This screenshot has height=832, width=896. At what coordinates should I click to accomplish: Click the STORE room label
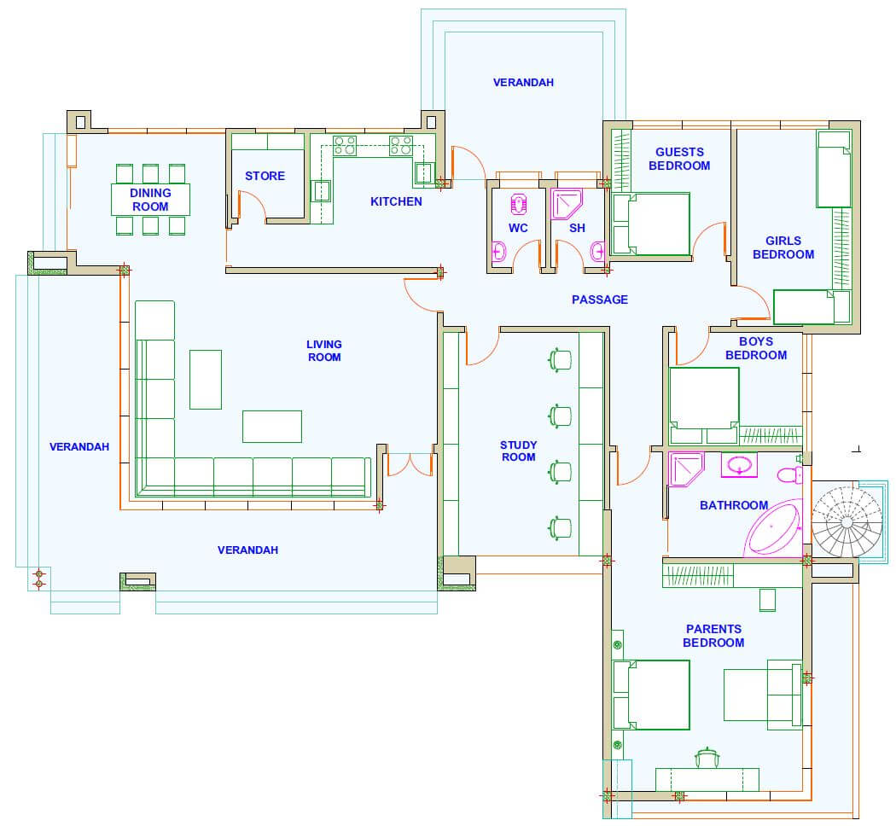point(265,176)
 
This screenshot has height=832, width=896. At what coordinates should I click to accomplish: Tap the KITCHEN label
point(396,201)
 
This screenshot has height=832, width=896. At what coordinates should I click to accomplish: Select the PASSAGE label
point(599,300)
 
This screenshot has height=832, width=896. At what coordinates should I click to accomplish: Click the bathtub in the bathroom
point(773,528)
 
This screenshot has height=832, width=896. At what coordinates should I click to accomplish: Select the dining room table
point(150,200)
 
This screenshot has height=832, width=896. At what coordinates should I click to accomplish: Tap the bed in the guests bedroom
point(651,224)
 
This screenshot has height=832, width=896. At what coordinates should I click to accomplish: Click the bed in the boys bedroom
point(704,405)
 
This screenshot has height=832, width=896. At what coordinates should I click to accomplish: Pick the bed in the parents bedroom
point(651,695)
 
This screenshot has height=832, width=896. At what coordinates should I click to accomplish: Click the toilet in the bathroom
point(789,474)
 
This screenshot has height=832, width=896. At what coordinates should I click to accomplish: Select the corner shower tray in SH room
point(567,204)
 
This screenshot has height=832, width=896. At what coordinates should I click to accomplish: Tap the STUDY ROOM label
point(518,451)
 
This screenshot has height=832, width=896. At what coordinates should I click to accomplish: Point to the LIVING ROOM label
point(324,351)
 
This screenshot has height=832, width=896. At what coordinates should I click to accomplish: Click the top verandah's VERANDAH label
point(523,82)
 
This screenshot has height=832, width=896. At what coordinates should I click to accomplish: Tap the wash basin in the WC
point(499,251)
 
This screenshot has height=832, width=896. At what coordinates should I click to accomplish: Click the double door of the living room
point(410,464)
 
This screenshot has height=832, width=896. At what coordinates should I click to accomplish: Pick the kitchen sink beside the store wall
point(322,191)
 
